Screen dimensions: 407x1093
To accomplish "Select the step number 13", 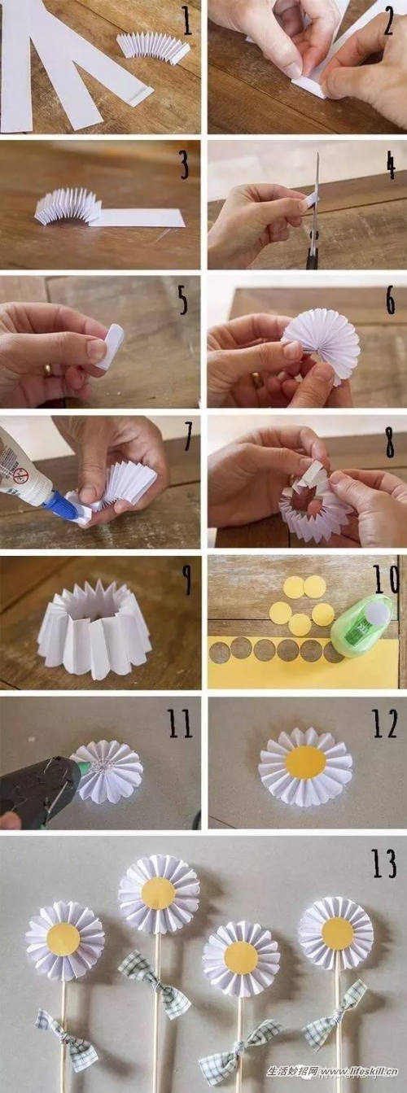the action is click(383, 863).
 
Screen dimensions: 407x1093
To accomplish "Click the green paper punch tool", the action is click(361, 627).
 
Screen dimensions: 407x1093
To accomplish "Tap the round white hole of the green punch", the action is click(379, 609).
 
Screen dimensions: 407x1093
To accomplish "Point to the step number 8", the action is click(390, 442).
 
